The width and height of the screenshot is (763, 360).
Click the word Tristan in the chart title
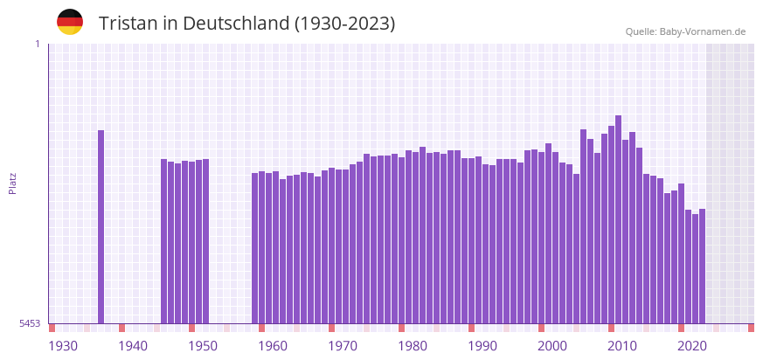[128, 24]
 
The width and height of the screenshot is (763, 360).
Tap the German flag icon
[70, 22]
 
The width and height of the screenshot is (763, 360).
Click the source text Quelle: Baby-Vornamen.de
[685, 31]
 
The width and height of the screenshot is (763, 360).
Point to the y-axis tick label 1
[37, 44]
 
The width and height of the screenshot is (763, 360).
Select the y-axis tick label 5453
[30, 323]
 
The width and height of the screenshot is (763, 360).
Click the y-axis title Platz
[13, 183]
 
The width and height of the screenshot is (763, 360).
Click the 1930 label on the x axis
[63, 346]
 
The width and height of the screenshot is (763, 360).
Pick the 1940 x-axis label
[133, 346]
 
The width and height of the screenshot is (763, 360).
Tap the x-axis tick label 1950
[203, 346]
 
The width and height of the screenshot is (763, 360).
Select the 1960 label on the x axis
[273, 346]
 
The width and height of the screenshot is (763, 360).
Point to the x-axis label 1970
[343, 346]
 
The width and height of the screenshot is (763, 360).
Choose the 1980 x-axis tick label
[413, 346]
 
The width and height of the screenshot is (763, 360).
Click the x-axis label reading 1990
[482, 346]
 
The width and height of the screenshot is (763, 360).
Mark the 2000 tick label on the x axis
[552, 346]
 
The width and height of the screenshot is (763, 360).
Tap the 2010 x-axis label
[622, 346]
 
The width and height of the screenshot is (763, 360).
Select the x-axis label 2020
[692, 346]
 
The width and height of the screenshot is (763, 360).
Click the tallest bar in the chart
[618, 218]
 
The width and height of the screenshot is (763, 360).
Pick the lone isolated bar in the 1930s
[101, 227]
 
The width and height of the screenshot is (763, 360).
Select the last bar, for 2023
[702, 267]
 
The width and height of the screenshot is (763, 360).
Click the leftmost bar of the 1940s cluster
[163, 241]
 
